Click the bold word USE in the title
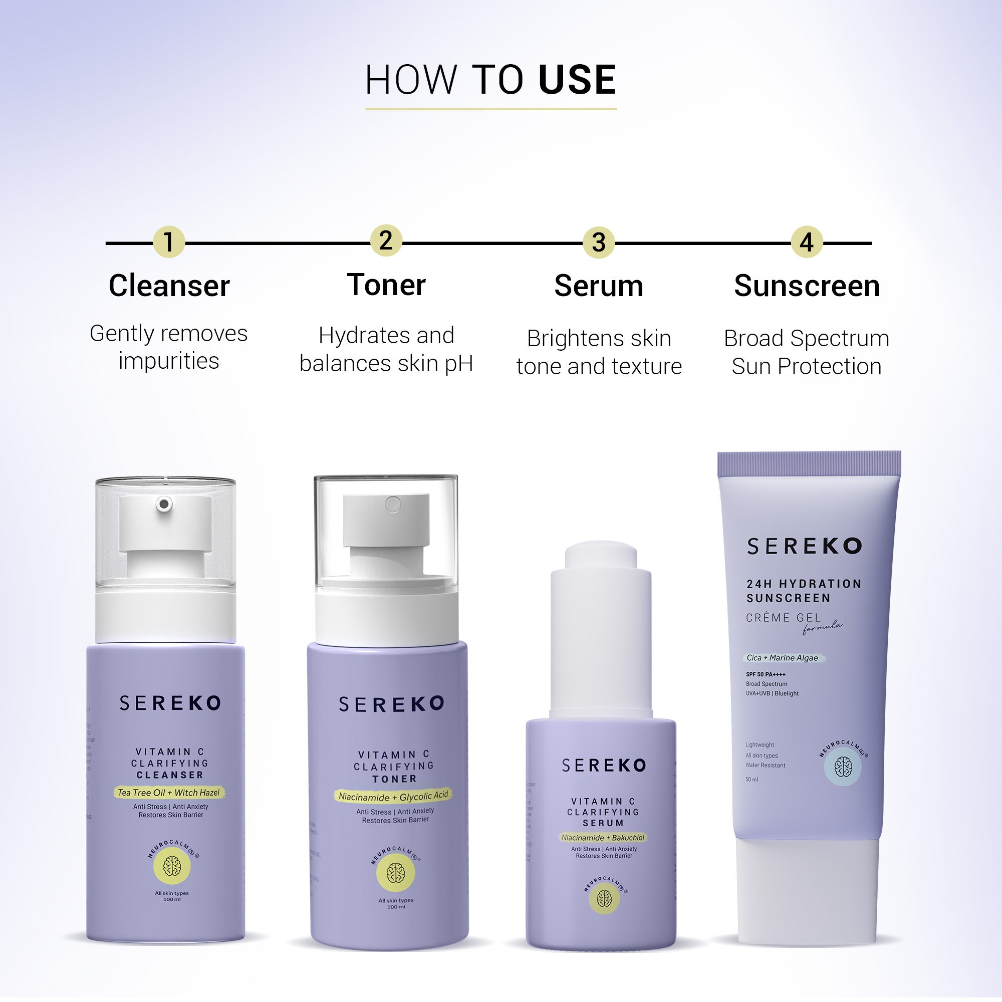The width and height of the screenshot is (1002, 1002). [x=577, y=80]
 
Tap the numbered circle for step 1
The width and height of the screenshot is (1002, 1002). [x=168, y=241]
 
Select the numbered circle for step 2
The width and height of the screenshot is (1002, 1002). [x=386, y=240]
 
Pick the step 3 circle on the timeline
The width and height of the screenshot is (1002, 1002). [x=599, y=242]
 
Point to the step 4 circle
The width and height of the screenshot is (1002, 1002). [x=807, y=242]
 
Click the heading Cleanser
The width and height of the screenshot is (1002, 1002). [x=169, y=286]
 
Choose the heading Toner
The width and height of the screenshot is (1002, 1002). [x=386, y=285]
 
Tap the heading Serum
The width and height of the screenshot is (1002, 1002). [x=599, y=286]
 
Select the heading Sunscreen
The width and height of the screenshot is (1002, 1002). [x=807, y=286]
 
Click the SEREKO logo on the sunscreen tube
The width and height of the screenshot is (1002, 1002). [x=805, y=546]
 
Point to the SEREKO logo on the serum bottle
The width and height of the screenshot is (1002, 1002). [x=604, y=766]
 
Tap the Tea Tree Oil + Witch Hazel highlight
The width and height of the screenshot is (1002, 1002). [x=169, y=793]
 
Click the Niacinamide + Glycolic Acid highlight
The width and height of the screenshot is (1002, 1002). [x=393, y=796]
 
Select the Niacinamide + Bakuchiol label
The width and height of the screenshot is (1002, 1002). [x=603, y=838]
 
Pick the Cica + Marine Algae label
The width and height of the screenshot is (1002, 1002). [x=782, y=658]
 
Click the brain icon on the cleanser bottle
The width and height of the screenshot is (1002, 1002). [x=172, y=866]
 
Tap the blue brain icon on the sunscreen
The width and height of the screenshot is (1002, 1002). [x=843, y=767]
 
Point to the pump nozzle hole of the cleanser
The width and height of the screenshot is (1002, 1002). [x=164, y=504]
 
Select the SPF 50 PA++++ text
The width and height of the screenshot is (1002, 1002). [x=766, y=674]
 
